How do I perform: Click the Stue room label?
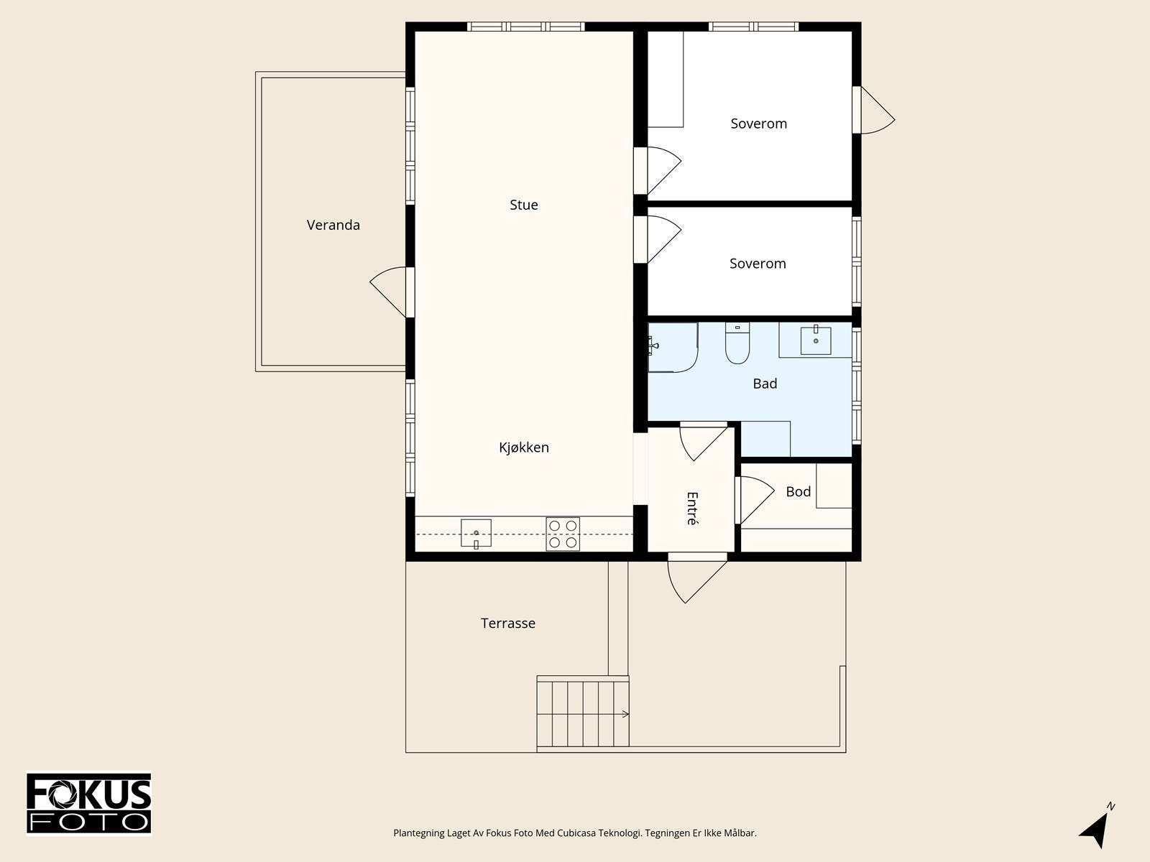(x=523, y=205)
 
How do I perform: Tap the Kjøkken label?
(x=523, y=448)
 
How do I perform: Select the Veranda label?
(x=333, y=225)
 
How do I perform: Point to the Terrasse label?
(x=507, y=624)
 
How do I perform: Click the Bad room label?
(x=765, y=384)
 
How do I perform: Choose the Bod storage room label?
(x=798, y=491)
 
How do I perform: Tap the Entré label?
(x=692, y=508)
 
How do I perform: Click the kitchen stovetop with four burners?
(x=563, y=534)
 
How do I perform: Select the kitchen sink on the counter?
(x=476, y=533)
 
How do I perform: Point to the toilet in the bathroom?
(x=737, y=343)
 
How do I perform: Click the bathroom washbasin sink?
(x=815, y=340)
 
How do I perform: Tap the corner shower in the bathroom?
(x=673, y=347)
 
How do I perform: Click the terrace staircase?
(x=583, y=710)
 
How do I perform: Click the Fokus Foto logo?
(x=89, y=803)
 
